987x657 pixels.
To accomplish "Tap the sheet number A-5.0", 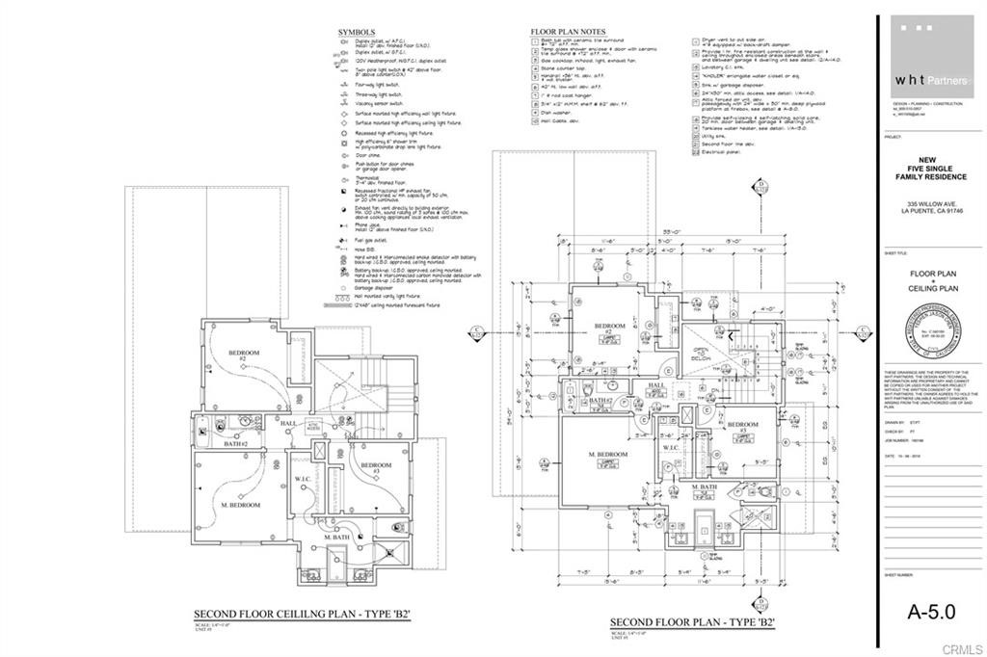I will [x=932, y=611].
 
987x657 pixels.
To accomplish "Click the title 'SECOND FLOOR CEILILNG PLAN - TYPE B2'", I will [x=303, y=614].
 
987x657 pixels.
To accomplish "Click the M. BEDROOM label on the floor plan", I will [x=608, y=455].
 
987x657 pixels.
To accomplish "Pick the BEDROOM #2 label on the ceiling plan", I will [x=244, y=356].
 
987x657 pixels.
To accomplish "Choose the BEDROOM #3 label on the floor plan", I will [x=740, y=426].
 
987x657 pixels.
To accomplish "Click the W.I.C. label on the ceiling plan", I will [x=301, y=479].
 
